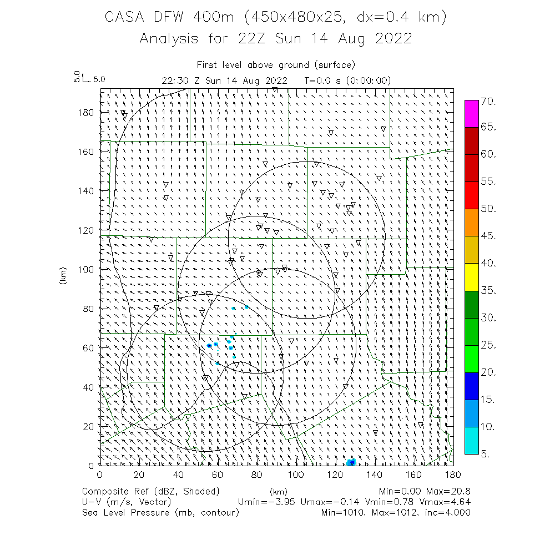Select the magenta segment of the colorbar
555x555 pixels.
472,114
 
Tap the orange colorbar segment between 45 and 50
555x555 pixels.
472,223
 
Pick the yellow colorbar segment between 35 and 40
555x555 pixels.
472,277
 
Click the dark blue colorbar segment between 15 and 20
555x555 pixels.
472,386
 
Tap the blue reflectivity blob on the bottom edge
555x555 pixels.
351,462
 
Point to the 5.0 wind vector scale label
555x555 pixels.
99,79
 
